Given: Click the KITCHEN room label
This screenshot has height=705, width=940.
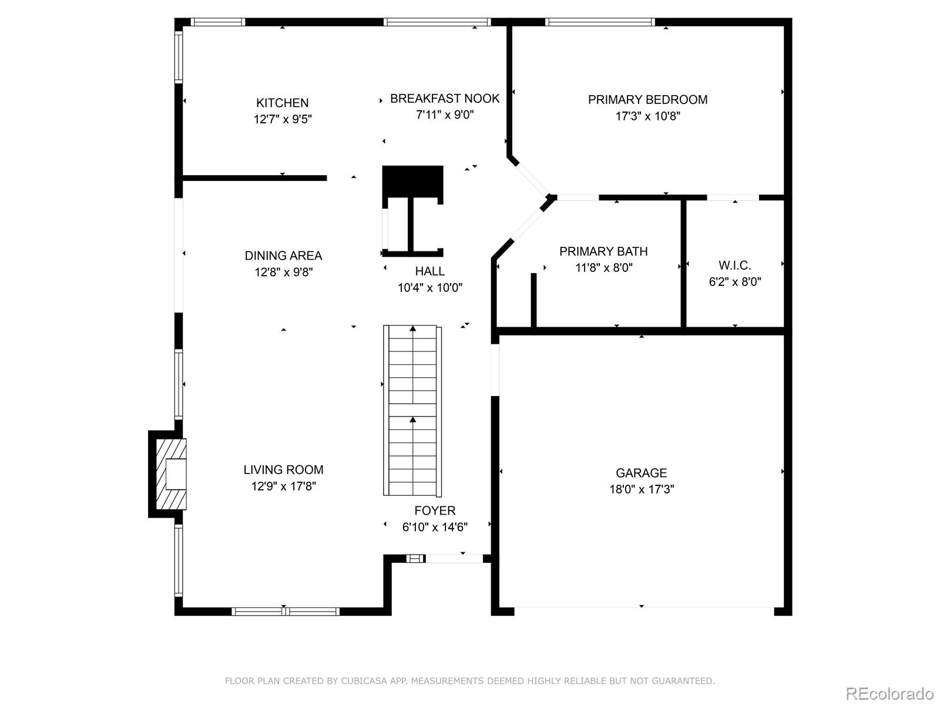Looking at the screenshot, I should click(282, 103).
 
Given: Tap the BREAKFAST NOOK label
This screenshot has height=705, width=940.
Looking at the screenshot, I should click(445, 99).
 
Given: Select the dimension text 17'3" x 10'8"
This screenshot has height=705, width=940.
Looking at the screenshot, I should click(647, 116).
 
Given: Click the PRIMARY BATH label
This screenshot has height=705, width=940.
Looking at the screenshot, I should click(603, 251).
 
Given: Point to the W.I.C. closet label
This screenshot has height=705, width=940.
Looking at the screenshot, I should click(734, 266).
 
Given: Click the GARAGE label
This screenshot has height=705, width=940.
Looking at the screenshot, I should click(641, 473).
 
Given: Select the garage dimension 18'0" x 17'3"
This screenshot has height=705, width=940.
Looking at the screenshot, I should click(641, 489).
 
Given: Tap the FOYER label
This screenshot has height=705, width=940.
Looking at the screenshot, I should click(435, 511).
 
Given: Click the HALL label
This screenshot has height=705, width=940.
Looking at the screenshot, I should click(429, 271).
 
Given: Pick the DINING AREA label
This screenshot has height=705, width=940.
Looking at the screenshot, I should click(283, 256).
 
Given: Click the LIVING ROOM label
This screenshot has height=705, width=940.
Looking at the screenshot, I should click(283, 469).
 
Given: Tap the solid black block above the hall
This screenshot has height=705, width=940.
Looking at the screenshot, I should click(412, 182).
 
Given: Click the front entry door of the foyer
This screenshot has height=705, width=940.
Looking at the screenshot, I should click(454, 558).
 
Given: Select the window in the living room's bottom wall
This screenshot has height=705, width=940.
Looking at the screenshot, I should click(286, 612).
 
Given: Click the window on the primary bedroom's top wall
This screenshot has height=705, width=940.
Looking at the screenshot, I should click(599, 22).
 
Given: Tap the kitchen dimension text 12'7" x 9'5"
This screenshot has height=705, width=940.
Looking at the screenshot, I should click(282, 119).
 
